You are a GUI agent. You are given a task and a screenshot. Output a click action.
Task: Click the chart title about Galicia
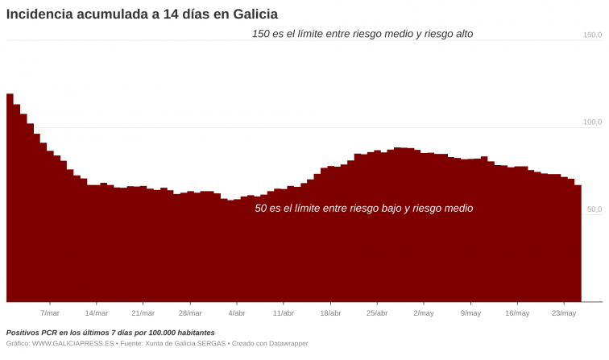coord(142,14)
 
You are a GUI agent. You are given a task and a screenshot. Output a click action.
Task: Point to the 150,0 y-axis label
coord(592,35)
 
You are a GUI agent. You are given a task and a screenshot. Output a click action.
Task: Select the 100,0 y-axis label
coord(592,122)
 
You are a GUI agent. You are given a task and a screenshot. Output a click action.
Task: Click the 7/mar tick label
coord(50,313)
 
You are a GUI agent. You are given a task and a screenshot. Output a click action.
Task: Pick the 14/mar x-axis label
coord(96,313)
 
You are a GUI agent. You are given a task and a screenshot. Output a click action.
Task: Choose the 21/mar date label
coord(143,313)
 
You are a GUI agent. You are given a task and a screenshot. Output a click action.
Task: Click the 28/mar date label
coord(189,313)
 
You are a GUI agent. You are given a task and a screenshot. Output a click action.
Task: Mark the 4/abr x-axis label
coord(237,313)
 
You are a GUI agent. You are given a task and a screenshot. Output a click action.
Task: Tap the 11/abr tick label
coord(283,313)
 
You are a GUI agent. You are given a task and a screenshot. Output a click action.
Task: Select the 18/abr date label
coord(329,313)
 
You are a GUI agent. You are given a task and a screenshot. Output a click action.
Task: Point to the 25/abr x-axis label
coord(376,313)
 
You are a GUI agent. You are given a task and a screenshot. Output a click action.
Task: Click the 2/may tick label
coord(423,313)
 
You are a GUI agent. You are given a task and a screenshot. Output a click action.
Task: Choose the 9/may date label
coord(470,313)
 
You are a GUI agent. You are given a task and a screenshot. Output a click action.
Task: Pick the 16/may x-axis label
coord(516,313)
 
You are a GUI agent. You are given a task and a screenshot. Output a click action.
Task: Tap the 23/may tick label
coord(563,313)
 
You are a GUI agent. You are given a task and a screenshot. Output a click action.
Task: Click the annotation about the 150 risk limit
coord(362,34)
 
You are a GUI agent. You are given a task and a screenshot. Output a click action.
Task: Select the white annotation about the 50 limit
coord(363,209)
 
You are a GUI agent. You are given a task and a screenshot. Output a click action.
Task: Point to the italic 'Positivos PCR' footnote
coord(110,333)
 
